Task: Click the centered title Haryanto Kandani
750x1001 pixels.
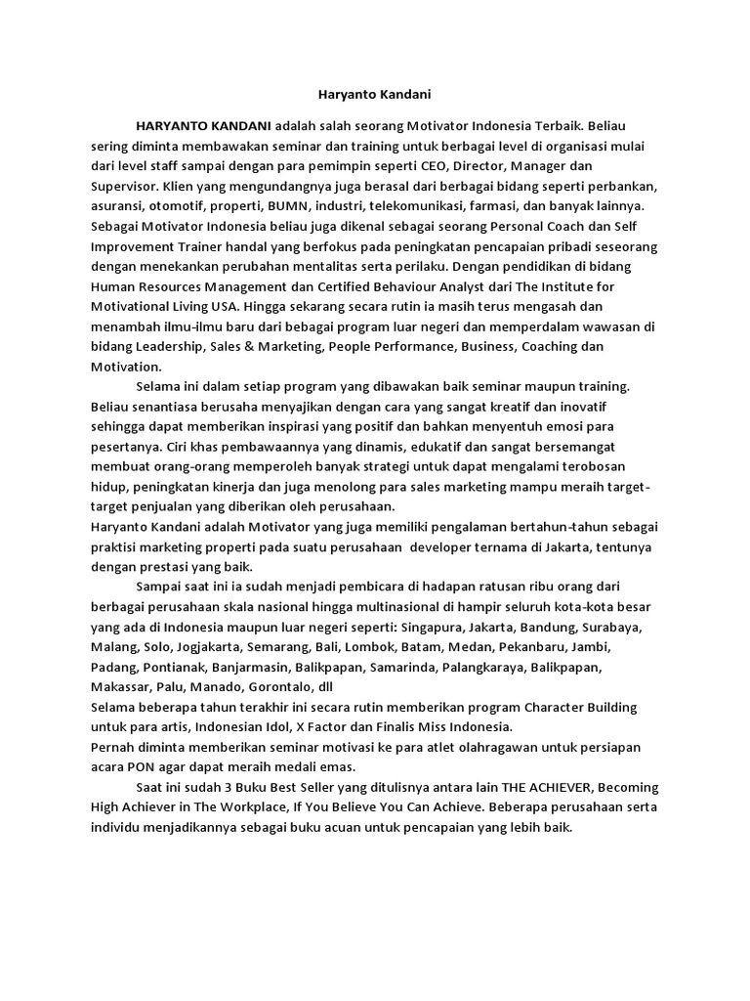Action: click(375, 95)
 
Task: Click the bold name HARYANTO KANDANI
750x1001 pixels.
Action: click(204, 127)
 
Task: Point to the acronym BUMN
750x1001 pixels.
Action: click(314, 206)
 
